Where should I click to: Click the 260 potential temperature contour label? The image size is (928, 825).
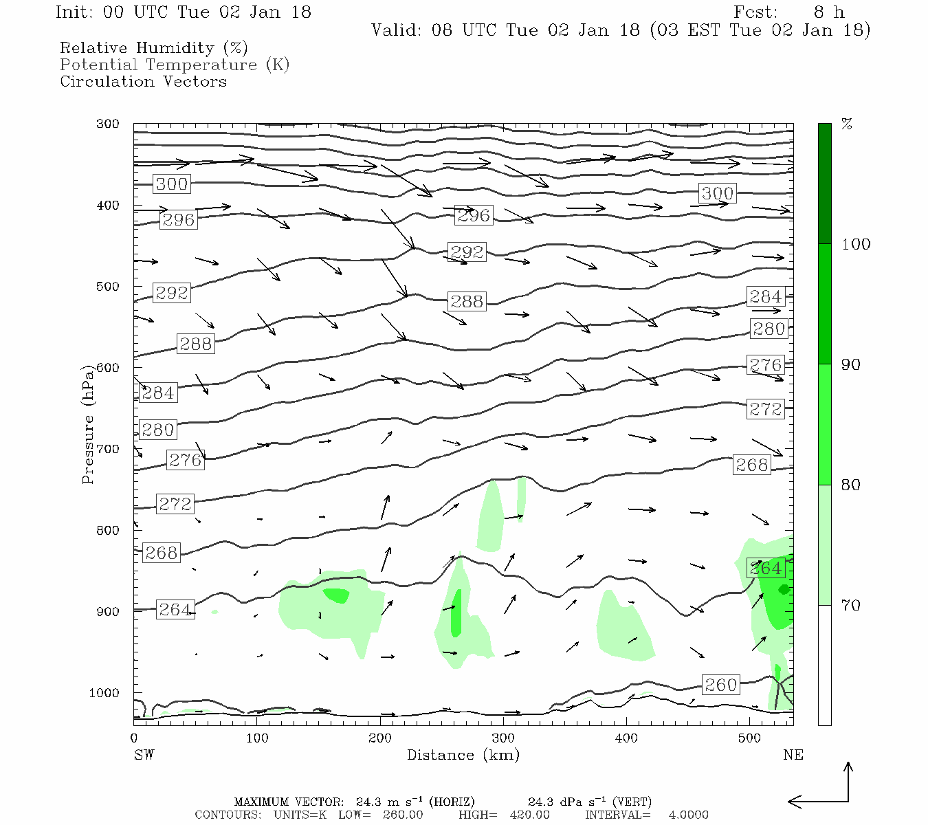(x=720, y=685)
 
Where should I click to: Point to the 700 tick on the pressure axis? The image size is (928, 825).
(x=108, y=449)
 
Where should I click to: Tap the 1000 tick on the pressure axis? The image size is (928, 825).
(x=104, y=693)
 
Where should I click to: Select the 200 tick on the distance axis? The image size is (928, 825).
(x=380, y=738)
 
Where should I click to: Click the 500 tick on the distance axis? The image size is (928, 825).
(x=749, y=738)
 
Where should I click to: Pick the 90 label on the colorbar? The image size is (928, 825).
(x=850, y=365)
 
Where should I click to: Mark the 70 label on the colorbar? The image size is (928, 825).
(x=850, y=606)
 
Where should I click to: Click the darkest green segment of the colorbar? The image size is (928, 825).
(x=824, y=184)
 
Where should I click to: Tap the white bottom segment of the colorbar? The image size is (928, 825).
(x=824, y=665)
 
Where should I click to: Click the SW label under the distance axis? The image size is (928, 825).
(x=144, y=755)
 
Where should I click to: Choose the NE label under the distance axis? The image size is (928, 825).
(x=793, y=755)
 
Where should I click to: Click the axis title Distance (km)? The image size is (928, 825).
(x=463, y=755)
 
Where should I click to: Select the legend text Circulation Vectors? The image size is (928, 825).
(x=143, y=81)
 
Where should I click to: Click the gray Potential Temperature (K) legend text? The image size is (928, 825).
(x=175, y=65)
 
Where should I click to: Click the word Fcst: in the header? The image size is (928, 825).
(x=755, y=12)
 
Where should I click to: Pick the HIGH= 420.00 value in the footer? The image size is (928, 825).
(x=504, y=815)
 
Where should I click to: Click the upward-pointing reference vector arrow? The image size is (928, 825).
(x=848, y=780)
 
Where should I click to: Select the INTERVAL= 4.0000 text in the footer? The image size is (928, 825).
(x=646, y=815)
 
